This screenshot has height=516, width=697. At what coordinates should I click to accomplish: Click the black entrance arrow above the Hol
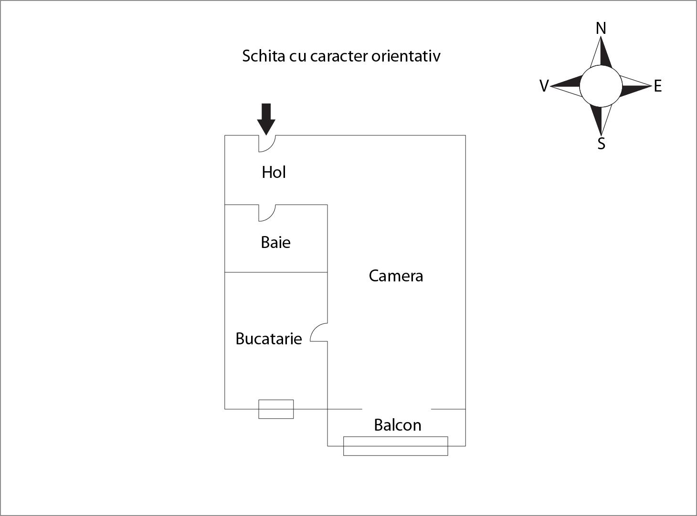pos(266,118)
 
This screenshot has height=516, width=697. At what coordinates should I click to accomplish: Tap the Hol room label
pos(274,172)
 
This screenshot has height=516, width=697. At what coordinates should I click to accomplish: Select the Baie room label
pos(275,242)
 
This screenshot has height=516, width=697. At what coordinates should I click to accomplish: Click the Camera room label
pos(396,276)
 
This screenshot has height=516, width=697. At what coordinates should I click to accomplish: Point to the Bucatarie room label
pos(269,339)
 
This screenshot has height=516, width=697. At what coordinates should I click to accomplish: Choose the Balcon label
pos(397,425)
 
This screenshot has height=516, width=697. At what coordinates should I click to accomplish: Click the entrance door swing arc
pos(268,144)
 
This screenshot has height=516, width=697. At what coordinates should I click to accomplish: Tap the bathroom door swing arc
pos(268,213)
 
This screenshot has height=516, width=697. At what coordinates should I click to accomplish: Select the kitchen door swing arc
pos(318,332)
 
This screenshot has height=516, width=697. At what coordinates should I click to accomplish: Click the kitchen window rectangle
pos(276,409)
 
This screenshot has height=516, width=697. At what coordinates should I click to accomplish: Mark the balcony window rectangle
pos(395,446)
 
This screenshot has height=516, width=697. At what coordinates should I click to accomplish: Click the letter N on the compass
pos(601,29)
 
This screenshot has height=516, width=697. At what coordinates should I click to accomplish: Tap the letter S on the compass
pos(602,144)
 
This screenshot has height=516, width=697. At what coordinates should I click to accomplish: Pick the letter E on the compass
pos(658,86)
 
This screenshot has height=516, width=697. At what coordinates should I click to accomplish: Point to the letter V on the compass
pos(544,86)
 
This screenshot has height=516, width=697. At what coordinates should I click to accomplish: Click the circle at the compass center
pos(601,86)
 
